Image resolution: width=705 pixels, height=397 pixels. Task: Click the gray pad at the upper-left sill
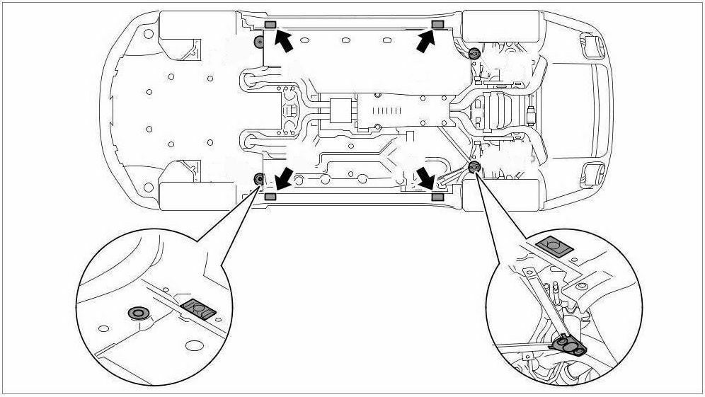coord(270,25)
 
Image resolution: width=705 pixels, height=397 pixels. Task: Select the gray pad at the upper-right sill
coord(437,25)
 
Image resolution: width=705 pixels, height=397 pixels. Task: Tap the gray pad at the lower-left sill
coord(270,196)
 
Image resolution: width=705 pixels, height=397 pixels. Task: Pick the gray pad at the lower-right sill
coord(437,196)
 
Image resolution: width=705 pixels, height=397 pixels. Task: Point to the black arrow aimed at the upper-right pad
coord(424,41)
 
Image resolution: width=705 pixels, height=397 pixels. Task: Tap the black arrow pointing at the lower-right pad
coord(425,177)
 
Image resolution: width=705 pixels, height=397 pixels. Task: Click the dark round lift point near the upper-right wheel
coord(474,52)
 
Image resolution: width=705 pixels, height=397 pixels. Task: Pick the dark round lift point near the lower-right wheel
coord(474,166)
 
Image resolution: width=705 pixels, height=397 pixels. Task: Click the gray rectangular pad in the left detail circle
coord(199,309)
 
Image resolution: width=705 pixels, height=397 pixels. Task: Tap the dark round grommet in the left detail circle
coord(136,313)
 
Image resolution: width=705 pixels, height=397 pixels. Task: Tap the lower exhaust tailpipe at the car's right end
coord(590,171)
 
